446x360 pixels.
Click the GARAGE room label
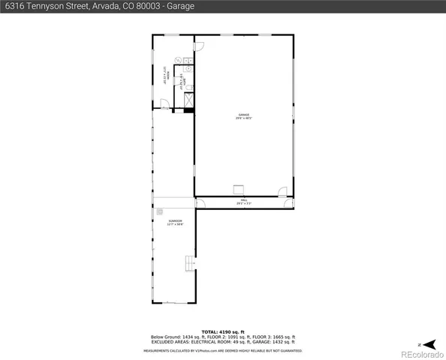tap(243, 116)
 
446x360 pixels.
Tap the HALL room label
tap(243, 202)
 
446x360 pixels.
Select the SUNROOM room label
tap(176, 223)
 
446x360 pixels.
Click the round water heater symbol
tap(178, 60)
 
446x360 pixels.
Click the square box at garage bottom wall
tap(240, 189)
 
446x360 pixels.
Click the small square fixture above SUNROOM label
tap(160, 213)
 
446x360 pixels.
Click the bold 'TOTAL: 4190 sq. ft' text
tap(224, 331)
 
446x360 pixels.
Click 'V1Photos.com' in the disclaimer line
tap(201, 350)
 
